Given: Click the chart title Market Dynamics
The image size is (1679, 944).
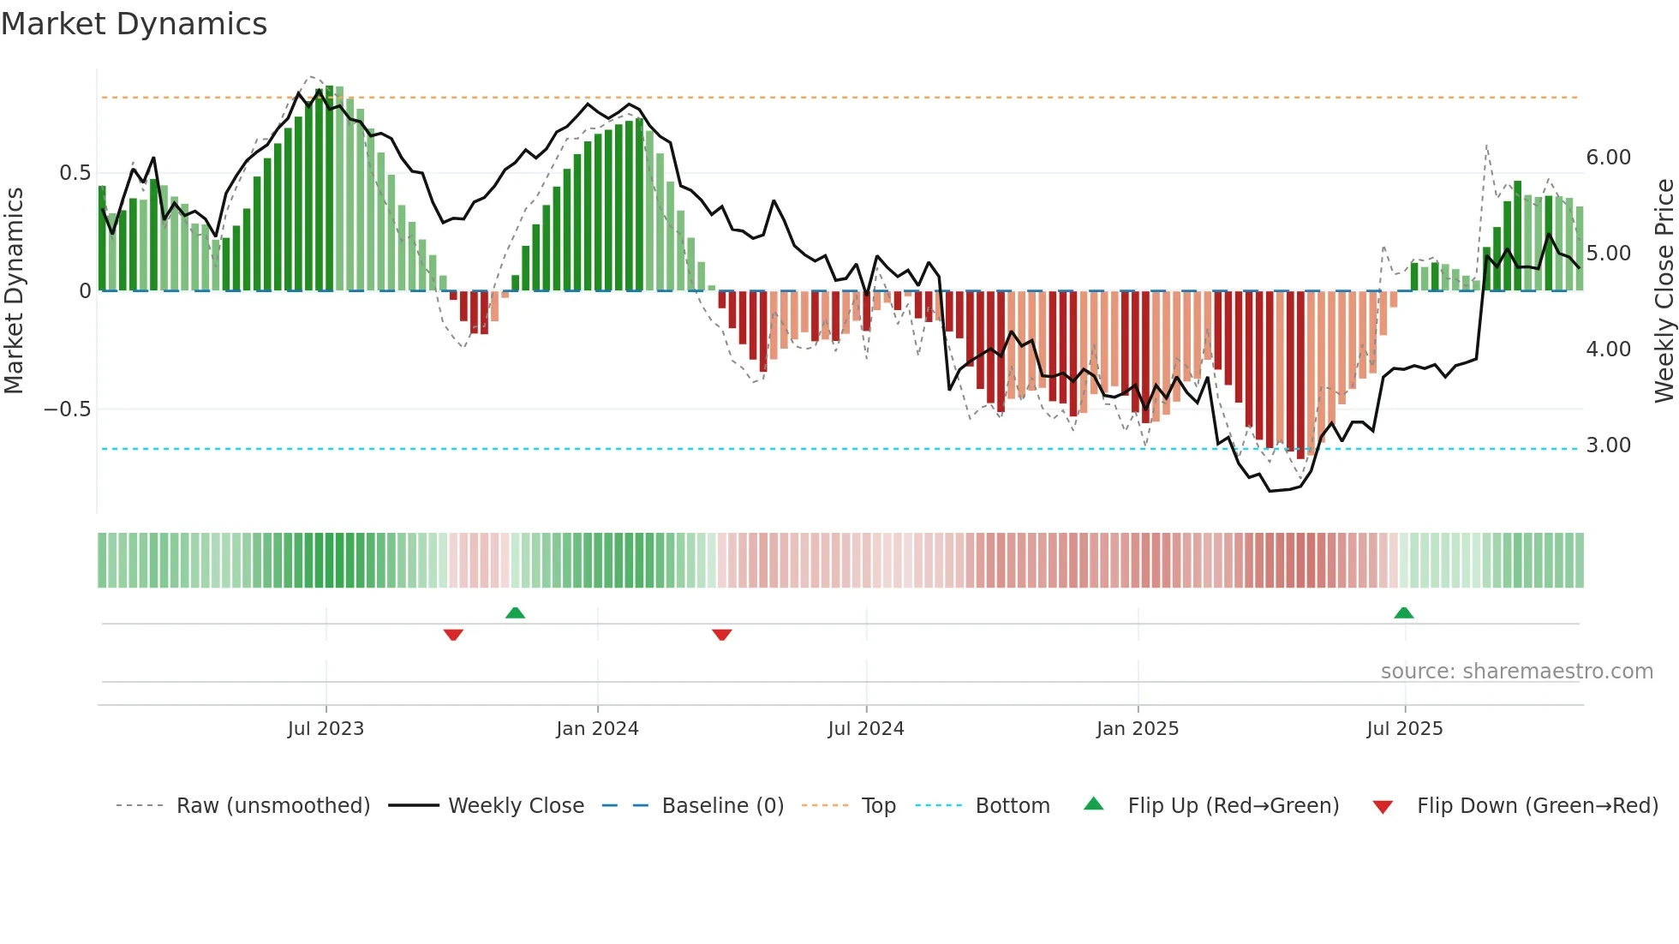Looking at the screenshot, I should [x=134, y=24].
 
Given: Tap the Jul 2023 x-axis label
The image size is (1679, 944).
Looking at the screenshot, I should [x=326, y=729].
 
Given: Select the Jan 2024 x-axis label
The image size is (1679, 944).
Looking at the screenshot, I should [x=597, y=729].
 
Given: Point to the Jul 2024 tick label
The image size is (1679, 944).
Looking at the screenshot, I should [x=866, y=729].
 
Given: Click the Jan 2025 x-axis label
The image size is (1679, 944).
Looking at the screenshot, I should [x=1138, y=729].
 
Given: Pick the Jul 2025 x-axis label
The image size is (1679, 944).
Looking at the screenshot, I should [x=1405, y=729].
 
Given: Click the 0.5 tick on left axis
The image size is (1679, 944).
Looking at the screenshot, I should [x=75, y=173].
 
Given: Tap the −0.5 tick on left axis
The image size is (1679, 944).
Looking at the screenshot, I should [x=68, y=409].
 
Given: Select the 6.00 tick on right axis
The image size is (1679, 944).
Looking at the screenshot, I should [x=1608, y=158].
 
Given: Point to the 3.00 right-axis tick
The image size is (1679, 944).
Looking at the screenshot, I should [x=1608, y=445].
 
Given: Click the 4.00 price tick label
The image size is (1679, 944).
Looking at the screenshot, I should [x=1608, y=350].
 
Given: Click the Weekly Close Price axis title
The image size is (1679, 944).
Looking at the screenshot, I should [x=1664, y=290].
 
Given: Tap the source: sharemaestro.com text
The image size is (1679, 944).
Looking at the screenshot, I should [x=1516, y=672].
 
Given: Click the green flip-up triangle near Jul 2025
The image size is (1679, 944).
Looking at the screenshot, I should [x=1403, y=612].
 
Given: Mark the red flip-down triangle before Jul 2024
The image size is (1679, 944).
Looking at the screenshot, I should [x=722, y=635].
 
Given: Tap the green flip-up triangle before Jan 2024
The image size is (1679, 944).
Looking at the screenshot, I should [x=515, y=612].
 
